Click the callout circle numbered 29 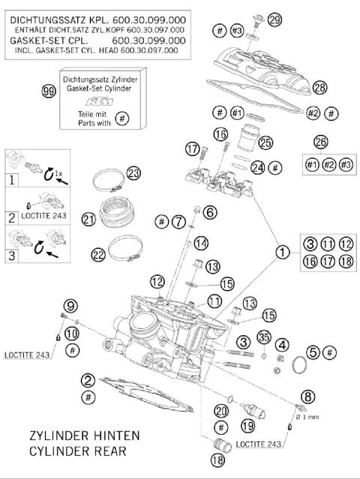click(x=274, y=19)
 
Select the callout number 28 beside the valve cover click(x=320, y=88)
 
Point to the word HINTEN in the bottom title click(x=113, y=436)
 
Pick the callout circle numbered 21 click(x=88, y=220)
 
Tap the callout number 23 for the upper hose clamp click(x=133, y=173)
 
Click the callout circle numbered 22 click(x=98, y=255)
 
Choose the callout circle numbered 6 click(x=209, y=213)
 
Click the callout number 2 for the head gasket click(x=88, y=380)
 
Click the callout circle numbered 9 click(x=70, y=305)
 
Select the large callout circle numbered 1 click(x=282, y=253)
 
